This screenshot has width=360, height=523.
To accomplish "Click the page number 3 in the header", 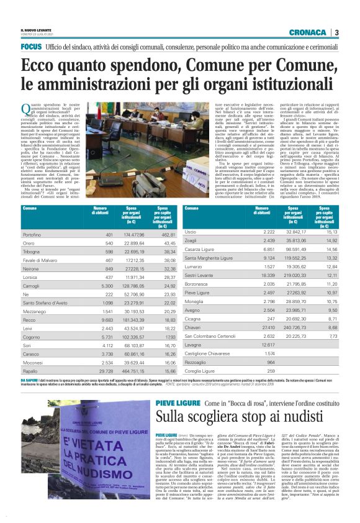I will [336, 32].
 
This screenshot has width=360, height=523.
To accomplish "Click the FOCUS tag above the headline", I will [31, 47].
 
